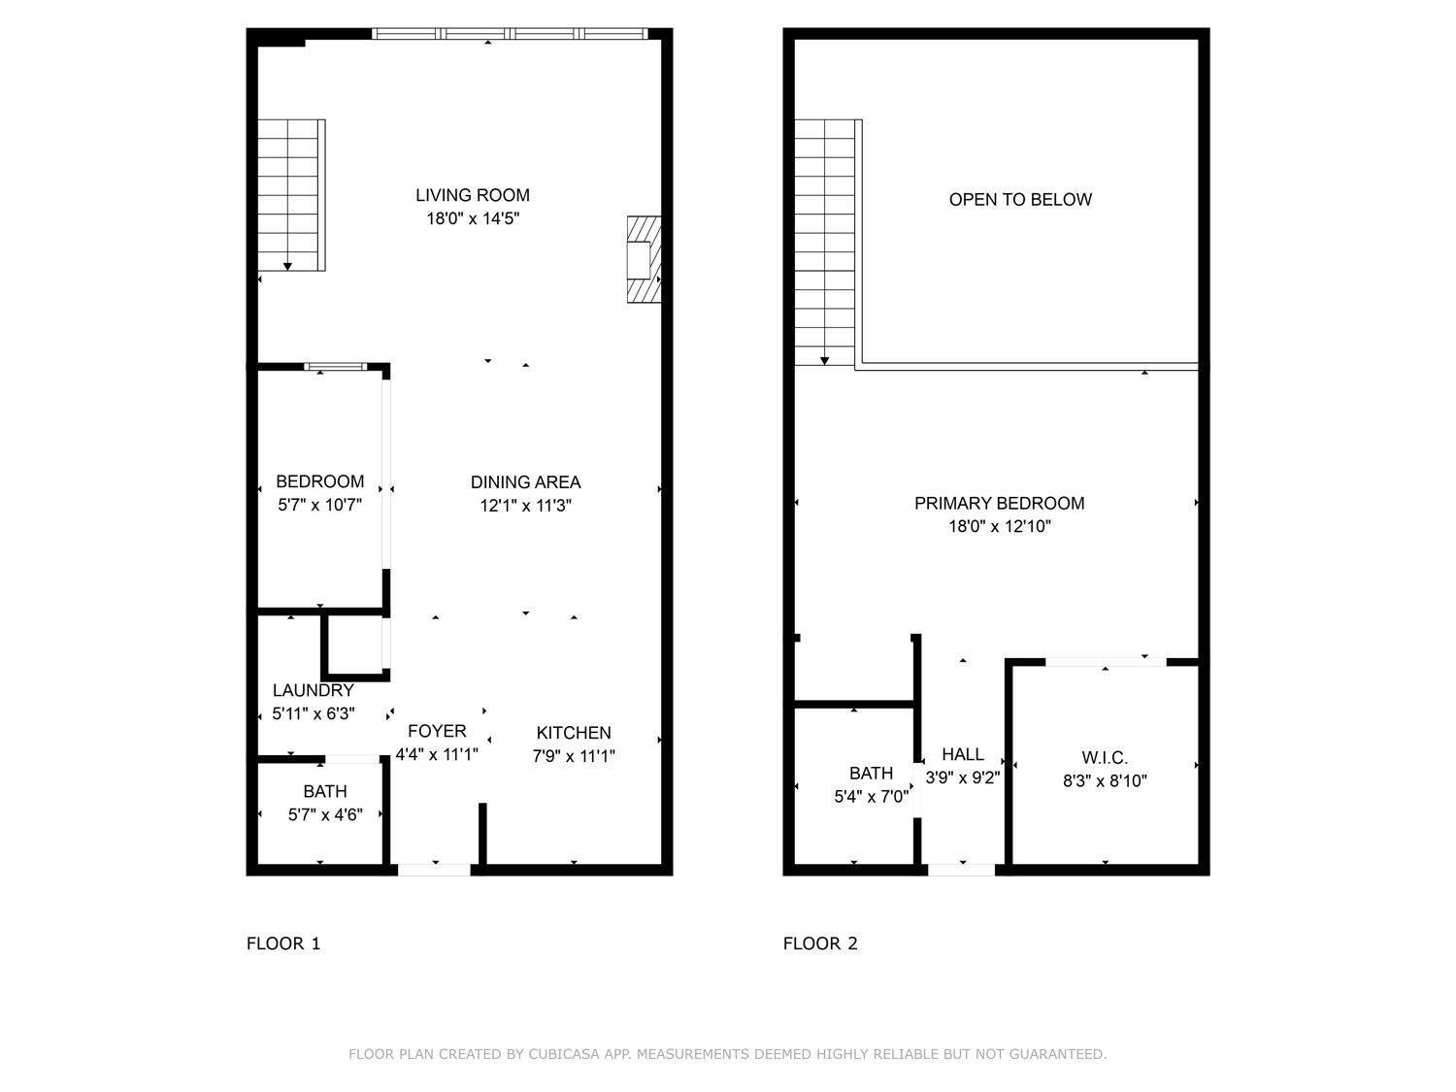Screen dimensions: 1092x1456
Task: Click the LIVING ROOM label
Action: tap(473, 195)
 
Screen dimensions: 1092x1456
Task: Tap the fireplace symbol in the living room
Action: tap(643, 259)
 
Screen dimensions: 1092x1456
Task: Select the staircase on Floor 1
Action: tap(290, 195)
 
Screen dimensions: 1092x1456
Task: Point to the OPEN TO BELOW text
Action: tap(1020, 200)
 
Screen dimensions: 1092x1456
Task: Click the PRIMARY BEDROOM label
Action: tap(999, 503)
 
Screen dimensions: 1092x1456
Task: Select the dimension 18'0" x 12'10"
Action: tap(999, 527)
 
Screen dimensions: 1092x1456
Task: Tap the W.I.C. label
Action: tap(1105, 758)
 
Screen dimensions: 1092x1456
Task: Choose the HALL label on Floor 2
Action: tap(962, 754)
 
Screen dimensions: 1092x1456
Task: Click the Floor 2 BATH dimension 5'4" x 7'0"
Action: tap(871, 797)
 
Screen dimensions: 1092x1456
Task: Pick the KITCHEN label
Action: tap(574, 733)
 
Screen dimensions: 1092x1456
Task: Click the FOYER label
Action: tap(437, 731)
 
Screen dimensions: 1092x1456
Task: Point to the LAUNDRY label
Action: tap(313, 690)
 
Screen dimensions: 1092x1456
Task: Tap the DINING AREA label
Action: tap(525, 481)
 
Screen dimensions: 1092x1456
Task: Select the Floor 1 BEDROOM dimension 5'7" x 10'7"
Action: tap(319, 505)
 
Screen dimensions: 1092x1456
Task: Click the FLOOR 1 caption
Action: tap(283, 943)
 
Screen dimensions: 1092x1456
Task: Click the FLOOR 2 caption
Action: tap(820, 943)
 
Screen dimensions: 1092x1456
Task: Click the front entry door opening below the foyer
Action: tap(435, 870)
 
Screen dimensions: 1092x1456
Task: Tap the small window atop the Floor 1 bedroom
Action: tap(336, 367)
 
